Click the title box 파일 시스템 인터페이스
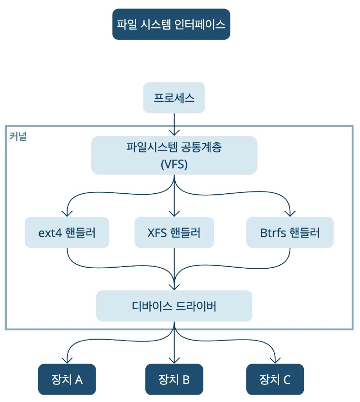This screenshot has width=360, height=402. [x=171, y=24]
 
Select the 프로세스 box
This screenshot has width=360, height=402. [x=174, y=98]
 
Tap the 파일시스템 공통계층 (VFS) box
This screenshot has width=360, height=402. [x=174, y=155]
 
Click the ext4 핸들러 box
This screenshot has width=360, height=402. [x=67, y=232]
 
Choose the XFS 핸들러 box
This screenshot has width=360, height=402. [x=174, y=232]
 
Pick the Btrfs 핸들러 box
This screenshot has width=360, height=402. [x=290, y=232]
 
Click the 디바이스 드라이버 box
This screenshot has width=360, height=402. [x=174, y=306]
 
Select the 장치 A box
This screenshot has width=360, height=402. [x=67, y=379]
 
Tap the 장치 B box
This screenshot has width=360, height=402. [x=174, y=379]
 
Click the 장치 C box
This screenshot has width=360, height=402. [x=275, y=379]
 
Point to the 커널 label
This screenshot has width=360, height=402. [x=18, y=136]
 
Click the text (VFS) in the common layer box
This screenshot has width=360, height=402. [x=174, y=164]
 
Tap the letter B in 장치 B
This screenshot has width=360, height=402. [x=186, y=380]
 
